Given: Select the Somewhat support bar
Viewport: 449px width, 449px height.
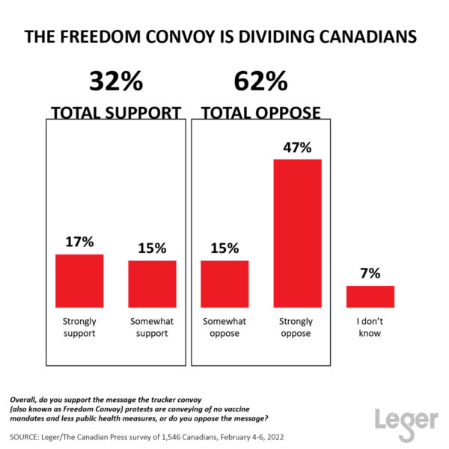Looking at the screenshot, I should (x=152, y=284).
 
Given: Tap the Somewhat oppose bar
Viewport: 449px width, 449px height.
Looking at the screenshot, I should (x=224, y=284).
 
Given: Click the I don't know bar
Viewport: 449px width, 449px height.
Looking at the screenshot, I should (x=370, y=296).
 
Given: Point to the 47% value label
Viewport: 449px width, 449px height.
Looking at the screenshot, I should (x=297, y=147).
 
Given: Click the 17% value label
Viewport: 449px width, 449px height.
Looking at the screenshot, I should (x=79, y=242).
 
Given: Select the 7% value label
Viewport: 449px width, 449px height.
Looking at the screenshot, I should (x=370, y=273).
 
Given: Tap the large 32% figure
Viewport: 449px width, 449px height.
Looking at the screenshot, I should (x=115, y=81).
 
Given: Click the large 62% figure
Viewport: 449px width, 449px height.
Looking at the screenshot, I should (x=260, y=81).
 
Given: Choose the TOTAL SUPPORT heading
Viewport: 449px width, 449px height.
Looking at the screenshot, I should (x=115, y=113).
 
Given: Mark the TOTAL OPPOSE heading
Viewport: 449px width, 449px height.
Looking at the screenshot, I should (x=260, y=113).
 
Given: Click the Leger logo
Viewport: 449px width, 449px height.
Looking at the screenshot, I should (x=406, y=420).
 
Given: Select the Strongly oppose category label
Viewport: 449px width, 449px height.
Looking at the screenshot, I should (x=297, y=328).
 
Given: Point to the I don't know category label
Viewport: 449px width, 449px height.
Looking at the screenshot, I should (x=370, y=328).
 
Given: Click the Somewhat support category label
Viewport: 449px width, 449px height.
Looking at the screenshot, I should (x=152, y=328).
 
